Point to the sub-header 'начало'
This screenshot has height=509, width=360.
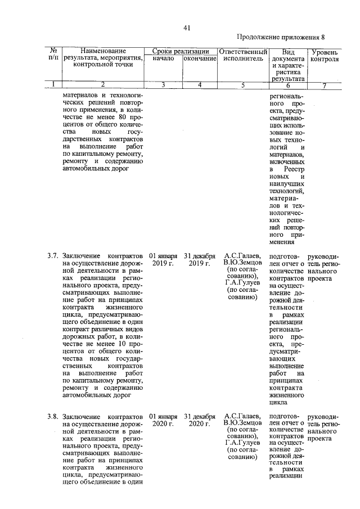(164, 58)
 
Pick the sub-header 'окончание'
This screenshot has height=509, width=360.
(200, 58)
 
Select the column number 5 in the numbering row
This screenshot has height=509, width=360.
(242, 85)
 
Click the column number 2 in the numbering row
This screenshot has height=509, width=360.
(103, 85)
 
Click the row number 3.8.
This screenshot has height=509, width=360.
(53, 416)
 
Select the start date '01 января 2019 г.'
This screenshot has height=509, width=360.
(164, 259)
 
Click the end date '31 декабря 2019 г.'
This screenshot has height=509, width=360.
(200, 259)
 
